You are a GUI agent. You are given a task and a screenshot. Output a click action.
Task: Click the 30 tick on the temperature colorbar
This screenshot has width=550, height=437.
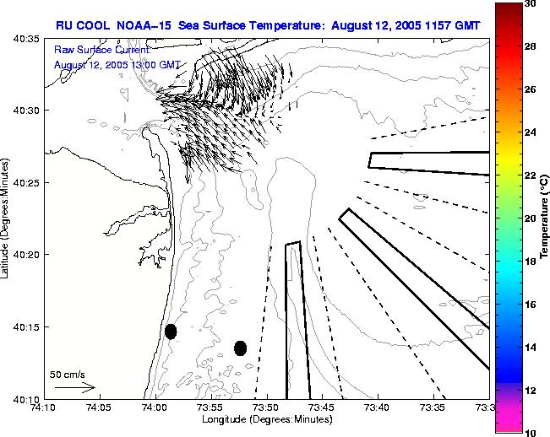530,3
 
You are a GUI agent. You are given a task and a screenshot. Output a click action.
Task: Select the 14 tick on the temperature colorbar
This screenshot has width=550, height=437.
530,347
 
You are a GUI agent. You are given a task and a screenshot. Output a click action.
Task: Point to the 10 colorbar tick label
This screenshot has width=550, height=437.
530,432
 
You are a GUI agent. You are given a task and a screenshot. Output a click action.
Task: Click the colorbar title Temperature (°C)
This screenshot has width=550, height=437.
545,217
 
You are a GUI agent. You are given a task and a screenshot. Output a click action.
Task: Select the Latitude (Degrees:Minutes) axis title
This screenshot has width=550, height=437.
6,218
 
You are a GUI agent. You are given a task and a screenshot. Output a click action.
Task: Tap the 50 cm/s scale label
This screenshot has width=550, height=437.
67,374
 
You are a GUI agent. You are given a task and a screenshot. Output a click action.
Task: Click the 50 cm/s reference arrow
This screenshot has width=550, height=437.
74,387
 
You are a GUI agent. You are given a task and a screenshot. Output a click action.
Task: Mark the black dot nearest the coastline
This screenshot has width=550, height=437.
171,332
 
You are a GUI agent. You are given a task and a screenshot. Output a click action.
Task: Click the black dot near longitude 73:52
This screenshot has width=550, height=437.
240,348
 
